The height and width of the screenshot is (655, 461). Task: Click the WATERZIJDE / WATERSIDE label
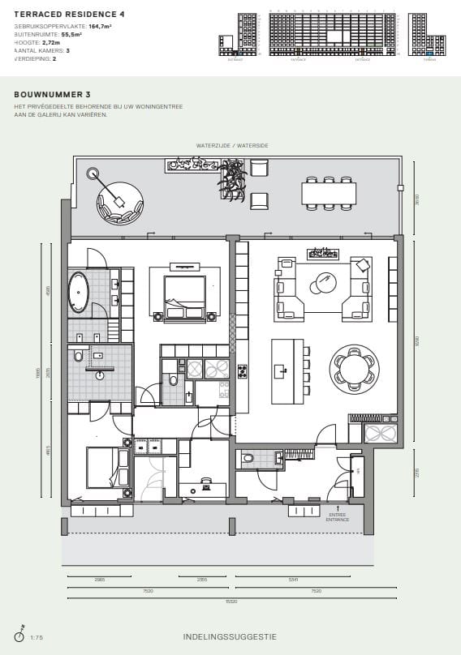(231, 145)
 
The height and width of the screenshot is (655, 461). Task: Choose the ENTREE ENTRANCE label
(338, 516)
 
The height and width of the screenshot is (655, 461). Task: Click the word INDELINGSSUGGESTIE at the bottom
(230, 637)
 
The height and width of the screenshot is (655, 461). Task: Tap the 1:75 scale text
(37, 638)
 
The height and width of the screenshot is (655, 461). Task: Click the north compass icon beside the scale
(19, 636)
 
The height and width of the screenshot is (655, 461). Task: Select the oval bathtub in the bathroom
(78, 293)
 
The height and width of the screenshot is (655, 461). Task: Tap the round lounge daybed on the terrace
(120, 204)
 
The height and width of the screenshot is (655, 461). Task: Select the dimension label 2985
(100, 580)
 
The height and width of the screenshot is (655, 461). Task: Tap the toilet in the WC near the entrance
(249, 459)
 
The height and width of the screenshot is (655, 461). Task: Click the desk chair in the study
(206, 485)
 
